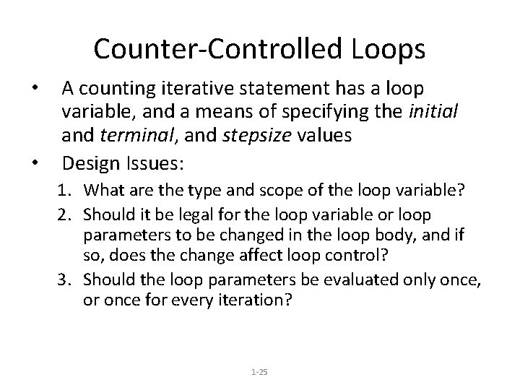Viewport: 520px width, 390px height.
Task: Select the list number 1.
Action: click(64, 191)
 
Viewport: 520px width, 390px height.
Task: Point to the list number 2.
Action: click(64, 215)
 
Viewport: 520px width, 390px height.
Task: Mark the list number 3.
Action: click(64, 278)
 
